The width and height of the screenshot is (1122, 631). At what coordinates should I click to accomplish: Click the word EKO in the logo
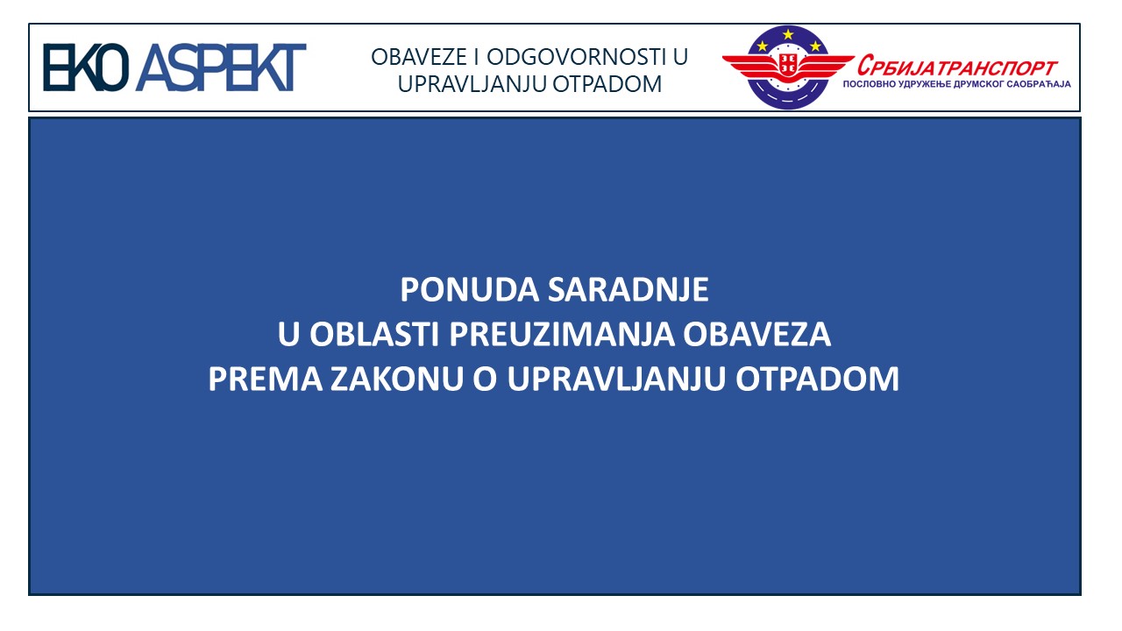[x=86, y=67]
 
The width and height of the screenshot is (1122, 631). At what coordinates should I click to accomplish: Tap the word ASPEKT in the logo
[x=221, y=67]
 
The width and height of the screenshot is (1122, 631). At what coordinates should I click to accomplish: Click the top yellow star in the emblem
[x=788, y=34]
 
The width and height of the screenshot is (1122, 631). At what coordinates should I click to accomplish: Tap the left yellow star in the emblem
[x=763, y=46]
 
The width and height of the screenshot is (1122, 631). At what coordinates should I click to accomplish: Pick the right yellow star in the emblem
[x=815, y=46]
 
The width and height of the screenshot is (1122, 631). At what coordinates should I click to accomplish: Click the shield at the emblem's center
[x=788, y=64]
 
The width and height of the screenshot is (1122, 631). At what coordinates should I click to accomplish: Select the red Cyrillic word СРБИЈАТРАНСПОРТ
[x=957, y=66]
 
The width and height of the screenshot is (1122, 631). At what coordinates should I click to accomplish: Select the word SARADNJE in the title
[x=628, y=289]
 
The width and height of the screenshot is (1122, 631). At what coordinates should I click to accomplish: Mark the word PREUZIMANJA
[x=562, y=334]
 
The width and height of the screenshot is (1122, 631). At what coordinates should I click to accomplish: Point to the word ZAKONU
[x=397, y=379]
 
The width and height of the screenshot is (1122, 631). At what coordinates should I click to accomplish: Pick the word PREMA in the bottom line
[x=266, y=379]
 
